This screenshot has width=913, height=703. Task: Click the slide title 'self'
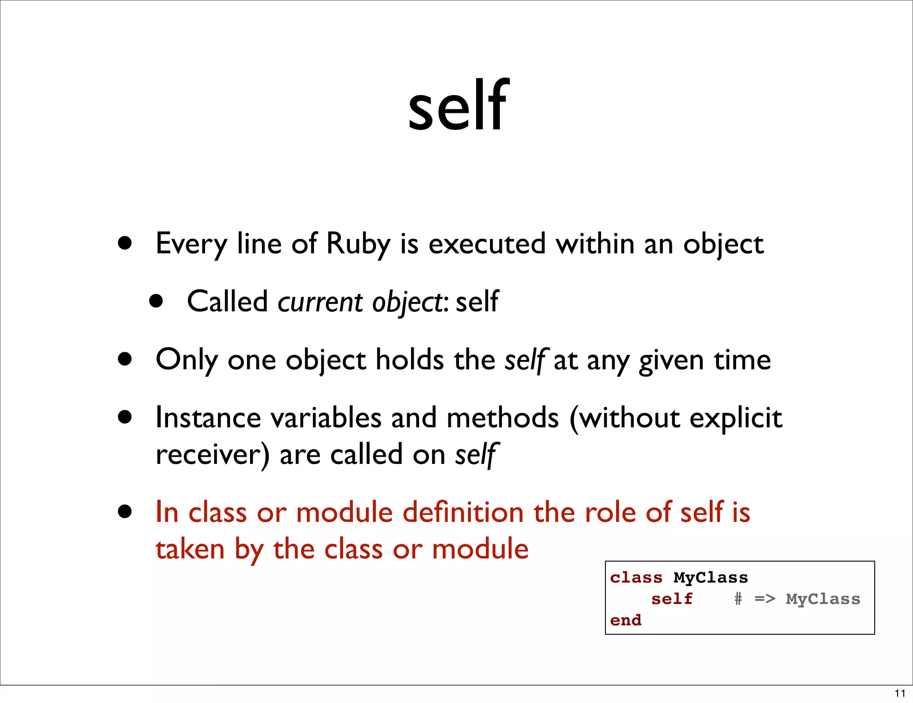(x=458, y=106)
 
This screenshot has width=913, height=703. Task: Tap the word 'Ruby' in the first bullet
(x=358, y=244)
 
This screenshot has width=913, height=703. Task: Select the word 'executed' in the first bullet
(x=487, y=244)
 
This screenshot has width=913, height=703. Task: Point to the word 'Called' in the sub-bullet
(x=227, y=302)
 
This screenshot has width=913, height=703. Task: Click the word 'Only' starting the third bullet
(x=187, y=360)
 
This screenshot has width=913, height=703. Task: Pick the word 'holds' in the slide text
(x=409, y=360)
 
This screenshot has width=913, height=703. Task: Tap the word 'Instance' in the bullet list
(x=208, y=418)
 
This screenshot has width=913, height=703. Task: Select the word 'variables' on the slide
(x=326, y=418)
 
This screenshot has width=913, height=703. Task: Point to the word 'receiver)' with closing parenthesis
(x=212, y=455)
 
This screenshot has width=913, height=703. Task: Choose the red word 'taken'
(x=190, y=549)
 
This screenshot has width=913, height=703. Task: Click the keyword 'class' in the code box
(x=636, y=578)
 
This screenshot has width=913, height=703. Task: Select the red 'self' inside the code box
(x=672, y=599)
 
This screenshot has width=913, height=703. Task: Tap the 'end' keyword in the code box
(x=626, y=620)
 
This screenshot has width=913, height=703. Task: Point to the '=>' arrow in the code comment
(x=765, y=599)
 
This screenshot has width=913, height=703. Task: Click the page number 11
(x=900, y=694)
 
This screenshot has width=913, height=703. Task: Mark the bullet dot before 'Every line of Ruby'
(x=125, y=243)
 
